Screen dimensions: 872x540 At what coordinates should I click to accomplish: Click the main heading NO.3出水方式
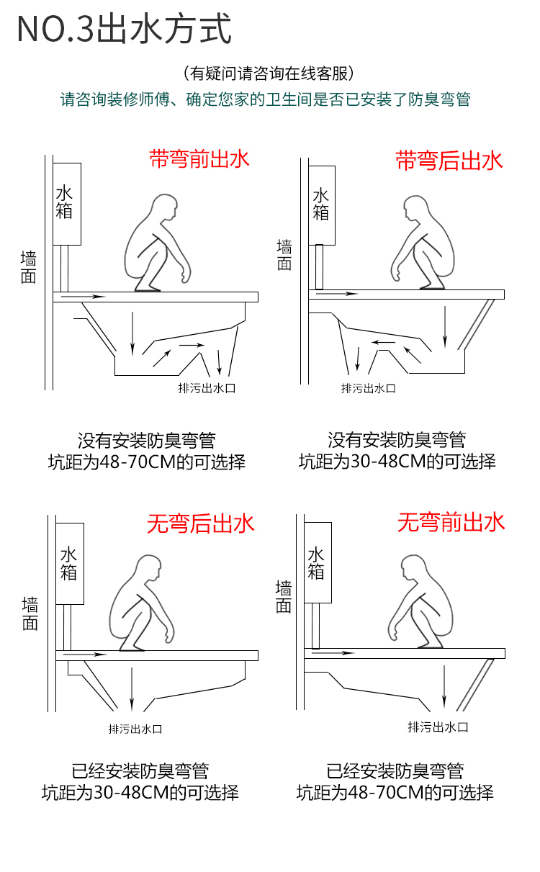(124, 30)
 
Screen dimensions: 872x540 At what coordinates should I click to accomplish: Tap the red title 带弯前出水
(199, 158)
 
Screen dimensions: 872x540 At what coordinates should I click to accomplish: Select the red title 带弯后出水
(449, 160)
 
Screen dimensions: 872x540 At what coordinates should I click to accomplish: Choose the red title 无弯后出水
(201, 523)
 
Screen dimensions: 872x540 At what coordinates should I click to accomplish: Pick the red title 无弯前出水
(451, 522)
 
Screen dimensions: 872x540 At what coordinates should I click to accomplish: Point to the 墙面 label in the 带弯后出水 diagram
(284, 255)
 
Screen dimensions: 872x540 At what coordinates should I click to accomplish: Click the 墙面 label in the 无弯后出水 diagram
(30, 614)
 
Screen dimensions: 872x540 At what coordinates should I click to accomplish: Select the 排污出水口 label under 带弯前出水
(207, 388)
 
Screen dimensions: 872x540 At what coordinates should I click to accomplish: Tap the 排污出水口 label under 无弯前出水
(438, 727)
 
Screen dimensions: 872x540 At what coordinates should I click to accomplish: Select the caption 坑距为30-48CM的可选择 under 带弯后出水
(397, 462)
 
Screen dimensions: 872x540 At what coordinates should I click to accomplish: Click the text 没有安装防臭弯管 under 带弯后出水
(397, 439)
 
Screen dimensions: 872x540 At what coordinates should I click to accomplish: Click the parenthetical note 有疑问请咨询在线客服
(269, 73)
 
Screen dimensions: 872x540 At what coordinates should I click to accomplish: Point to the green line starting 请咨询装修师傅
(265, 99)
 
